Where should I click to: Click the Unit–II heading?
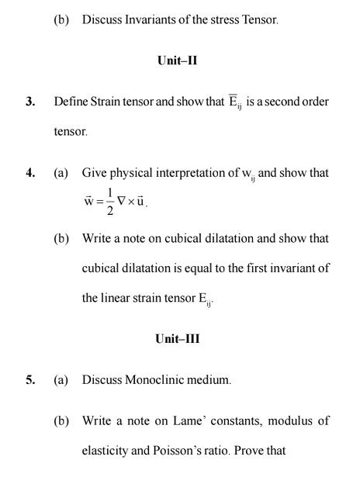click(176, 60)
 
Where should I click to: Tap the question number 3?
click(29, 102)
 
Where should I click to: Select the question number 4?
click(29, 173)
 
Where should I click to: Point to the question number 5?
click(29, 381)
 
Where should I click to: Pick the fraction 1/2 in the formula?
click(110, 202)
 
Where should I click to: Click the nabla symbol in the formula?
click(122, 202)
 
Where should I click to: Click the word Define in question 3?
click(71, 102)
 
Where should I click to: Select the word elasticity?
click(106, 448)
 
